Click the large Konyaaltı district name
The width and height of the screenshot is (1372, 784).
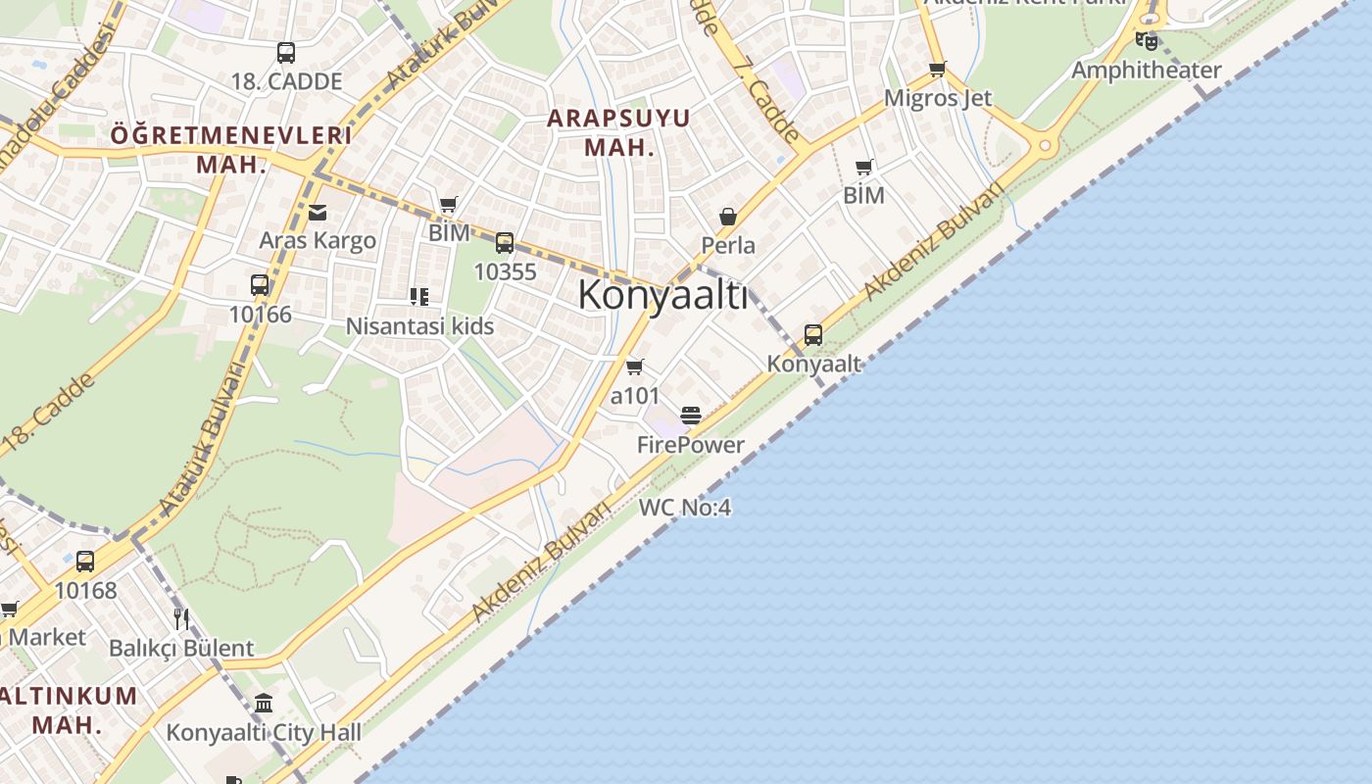[x=662, y=294]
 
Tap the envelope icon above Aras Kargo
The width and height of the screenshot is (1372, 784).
[x=318, y=212]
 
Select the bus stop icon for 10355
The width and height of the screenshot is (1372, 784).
[x=505, y=243]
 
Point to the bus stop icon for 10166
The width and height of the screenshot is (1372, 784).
[x=260, y=285]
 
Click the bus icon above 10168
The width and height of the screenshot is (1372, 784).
[x=85, y=562]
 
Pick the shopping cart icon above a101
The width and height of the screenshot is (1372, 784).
[x=635, y=367]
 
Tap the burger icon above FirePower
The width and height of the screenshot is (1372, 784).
[x=691, y=416]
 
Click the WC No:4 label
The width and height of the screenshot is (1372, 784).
[x=685, y=508]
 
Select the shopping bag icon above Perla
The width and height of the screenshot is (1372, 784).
[x=728, y=216]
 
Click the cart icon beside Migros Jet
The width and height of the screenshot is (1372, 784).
[x=937, y=69]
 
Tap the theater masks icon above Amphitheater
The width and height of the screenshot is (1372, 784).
[x=1146, y=41]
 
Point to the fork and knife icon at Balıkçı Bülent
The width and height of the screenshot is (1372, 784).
[x=181, y=618]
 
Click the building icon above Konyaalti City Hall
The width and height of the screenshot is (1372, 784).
[x=264, y=703]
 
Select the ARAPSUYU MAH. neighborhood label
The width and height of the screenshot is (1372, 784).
[x=618, y=132]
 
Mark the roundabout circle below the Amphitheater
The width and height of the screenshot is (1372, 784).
[x=1045, y=146]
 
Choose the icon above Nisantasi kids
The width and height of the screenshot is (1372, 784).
[x=419, y=296]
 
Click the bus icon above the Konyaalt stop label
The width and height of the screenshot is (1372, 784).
[x=813, y=335]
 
